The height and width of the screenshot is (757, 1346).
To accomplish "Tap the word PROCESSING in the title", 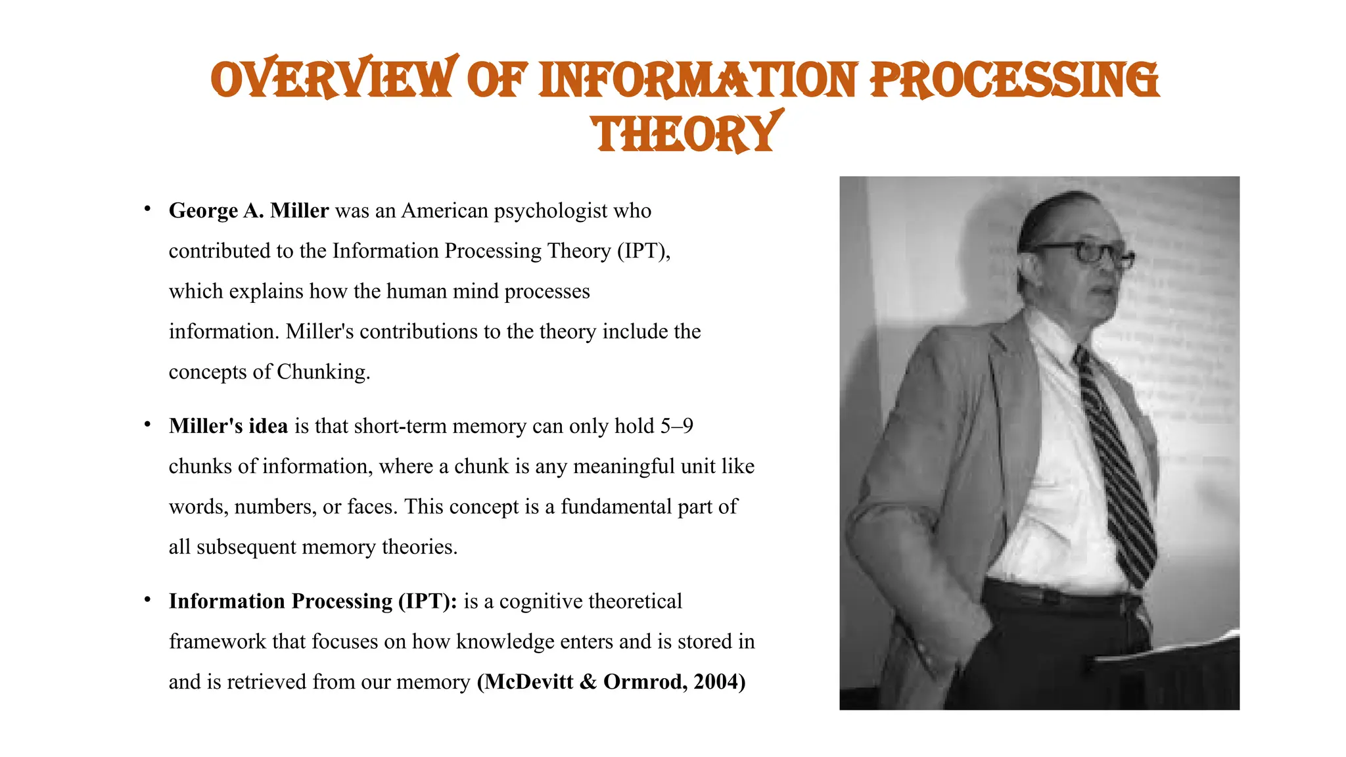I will coord(1015,80).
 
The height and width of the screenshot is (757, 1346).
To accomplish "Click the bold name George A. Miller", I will coord(248,210).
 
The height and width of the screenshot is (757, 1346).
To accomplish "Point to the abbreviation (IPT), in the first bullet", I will coord(643,251).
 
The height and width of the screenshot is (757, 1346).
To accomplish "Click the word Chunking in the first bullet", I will coord(323,372).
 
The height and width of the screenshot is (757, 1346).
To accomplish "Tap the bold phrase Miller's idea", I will coord(228,426).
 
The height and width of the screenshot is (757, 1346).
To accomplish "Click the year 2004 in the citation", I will coord(719,682).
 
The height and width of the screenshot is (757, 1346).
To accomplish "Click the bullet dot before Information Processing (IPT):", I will coord(148,600).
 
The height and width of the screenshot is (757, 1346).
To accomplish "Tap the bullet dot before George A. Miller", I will coord(148,210).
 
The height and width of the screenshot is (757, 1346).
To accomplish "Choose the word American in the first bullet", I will coord(445,211).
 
